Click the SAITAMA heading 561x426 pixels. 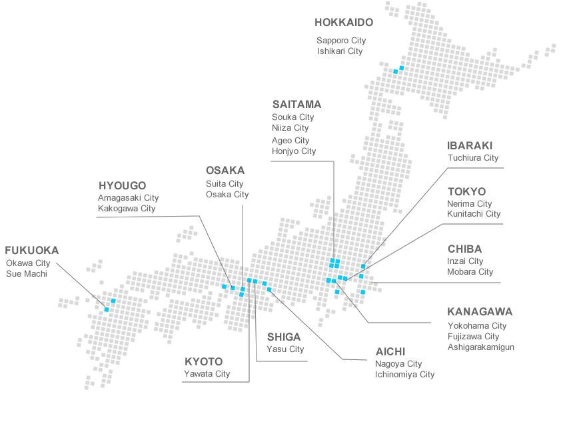296,104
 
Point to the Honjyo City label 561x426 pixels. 294,151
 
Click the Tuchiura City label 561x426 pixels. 473,158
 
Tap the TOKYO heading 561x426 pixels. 466,191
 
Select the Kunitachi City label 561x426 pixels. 474,214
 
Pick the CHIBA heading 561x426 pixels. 464,249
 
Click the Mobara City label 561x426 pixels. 470,272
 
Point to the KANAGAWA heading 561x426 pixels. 480,311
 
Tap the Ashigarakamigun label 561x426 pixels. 480,347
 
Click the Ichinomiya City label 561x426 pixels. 404,375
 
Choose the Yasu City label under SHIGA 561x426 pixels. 285,349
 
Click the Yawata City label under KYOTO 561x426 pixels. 207,374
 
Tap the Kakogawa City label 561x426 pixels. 127,209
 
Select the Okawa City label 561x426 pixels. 28,263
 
